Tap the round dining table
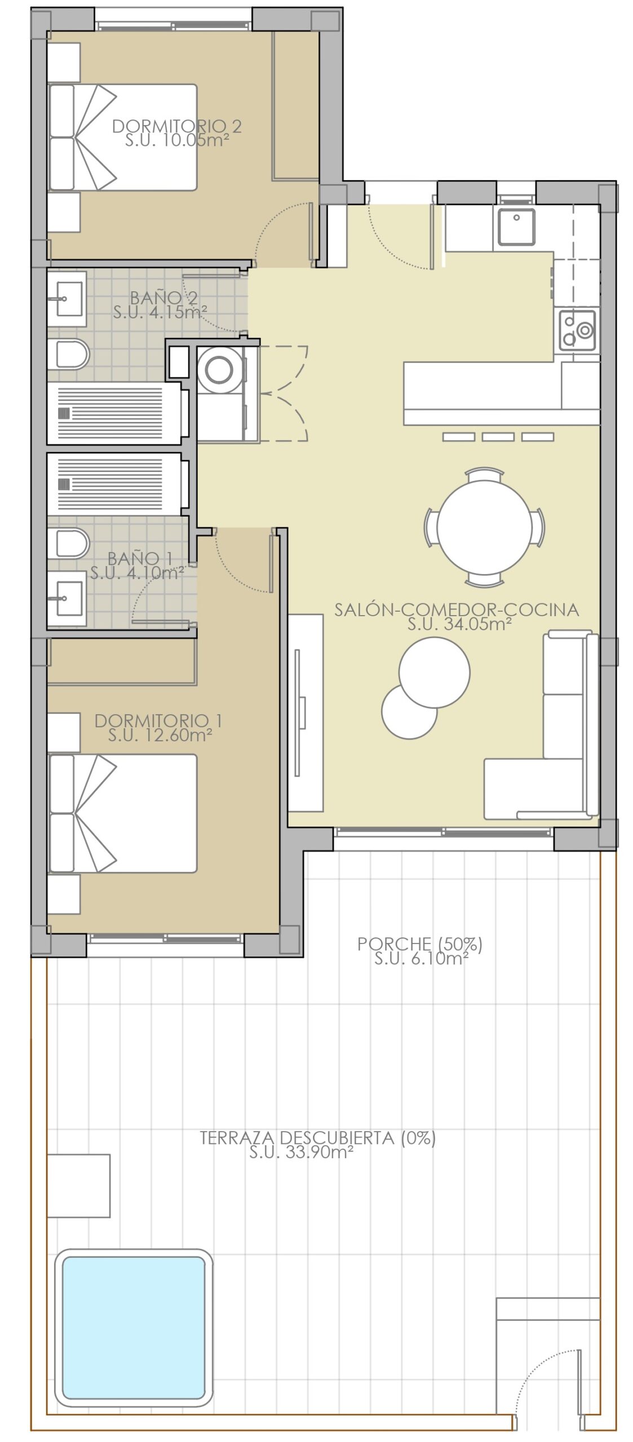click(484, 527)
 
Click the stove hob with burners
click(577, 329)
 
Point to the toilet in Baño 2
click(68, 354)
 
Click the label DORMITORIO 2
click(177, 126)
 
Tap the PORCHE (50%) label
click(420, 943)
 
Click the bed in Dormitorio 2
click(123, 137)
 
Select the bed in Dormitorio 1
click(123, 813)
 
